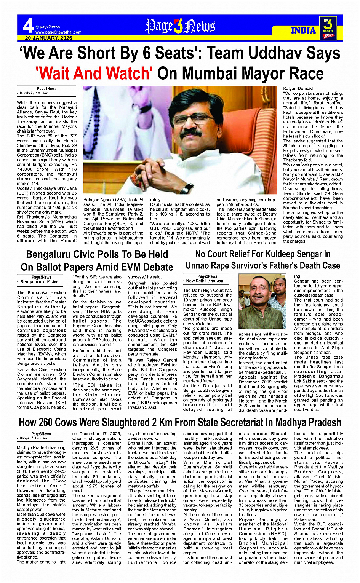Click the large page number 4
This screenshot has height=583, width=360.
tap(28, 26)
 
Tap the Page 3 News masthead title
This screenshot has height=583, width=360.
tap(180, 26)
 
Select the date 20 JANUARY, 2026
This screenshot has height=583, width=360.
tap(49, 38)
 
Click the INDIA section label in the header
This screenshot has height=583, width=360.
tap(303, 30)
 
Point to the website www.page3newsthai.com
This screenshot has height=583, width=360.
tap(58, 32)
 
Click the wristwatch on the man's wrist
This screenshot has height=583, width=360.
tap(187, 188)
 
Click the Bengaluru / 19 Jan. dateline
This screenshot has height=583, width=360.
tap(40, 282)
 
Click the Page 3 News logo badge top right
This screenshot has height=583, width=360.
tap(328, 28)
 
